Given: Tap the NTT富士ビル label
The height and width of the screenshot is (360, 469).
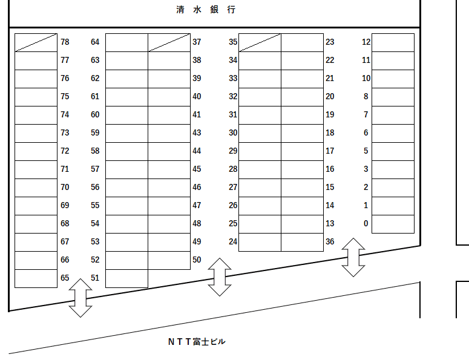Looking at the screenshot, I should point(197,342).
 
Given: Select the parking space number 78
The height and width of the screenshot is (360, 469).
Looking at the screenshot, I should point(65,42).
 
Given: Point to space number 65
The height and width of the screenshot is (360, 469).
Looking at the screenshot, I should point(65,278).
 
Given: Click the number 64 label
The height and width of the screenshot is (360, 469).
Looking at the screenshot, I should point(95,42).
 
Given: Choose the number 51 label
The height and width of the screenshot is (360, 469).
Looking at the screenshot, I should point(95,278).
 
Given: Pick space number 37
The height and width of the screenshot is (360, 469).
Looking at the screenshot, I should point(197,42).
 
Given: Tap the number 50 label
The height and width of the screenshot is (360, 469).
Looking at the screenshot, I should point(197,260).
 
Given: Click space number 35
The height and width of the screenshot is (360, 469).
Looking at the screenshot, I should point(233,42).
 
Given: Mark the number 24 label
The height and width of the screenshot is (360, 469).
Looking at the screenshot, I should point(233,242).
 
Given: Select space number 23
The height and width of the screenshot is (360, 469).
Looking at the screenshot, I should point(330,42).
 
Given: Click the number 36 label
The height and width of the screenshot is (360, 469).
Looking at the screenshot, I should point(330,242).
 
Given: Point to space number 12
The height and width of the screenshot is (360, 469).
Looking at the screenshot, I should point(366,42).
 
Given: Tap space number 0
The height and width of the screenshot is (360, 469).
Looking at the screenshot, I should point(366,224).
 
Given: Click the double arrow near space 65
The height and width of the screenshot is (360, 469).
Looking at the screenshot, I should point(80,298).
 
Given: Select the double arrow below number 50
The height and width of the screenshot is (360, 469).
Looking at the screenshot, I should point(220,277).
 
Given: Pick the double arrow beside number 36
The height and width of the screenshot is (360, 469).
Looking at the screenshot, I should point(353,257).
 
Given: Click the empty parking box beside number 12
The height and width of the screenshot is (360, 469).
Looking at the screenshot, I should point(393,42).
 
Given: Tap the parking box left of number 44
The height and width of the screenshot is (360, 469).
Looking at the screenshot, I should point(169,151).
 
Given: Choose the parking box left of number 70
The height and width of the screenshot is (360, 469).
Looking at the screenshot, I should point(36,188).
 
